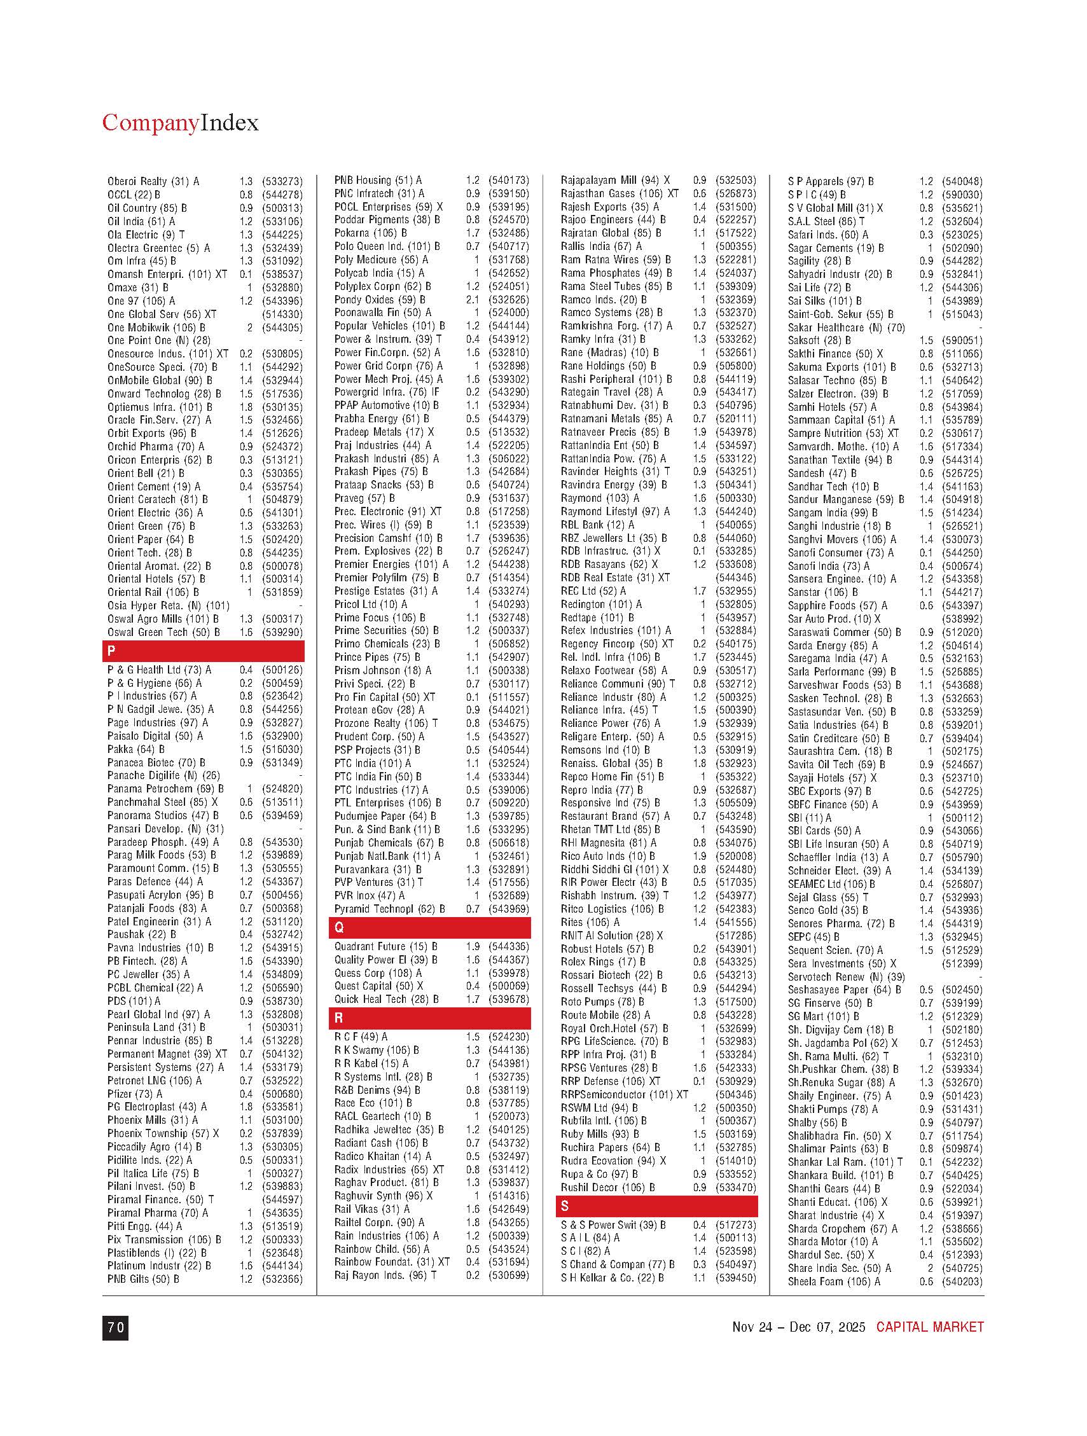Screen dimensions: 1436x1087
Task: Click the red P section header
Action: click(x=203, y=651)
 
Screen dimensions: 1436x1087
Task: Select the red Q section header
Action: click(x=429, y=928)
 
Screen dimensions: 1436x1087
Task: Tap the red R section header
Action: click(x=429, y=1018)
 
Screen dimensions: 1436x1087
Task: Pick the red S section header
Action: click(x=656, y=1206)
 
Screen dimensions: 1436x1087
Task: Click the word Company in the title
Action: click(x=150, y=123)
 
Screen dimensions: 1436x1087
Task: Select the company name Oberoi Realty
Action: click(x=137, y=181)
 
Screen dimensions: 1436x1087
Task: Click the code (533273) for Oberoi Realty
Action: click(x=282, y=181)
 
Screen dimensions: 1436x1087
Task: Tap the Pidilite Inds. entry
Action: click(x=150, y=1160)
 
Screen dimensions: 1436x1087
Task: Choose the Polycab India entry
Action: click(x=379, y=273)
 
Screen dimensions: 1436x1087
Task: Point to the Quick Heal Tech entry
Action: click(x=386, y=999)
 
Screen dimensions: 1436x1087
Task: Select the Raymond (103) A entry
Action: click(x=600, y=498)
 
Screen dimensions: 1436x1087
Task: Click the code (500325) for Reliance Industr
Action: click(x=736, y=696)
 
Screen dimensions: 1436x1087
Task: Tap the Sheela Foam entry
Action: click(x=834, y=1281)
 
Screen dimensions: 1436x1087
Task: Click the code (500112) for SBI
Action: click(x=962, y=818)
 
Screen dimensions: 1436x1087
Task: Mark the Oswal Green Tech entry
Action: click(x=163, y=632)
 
